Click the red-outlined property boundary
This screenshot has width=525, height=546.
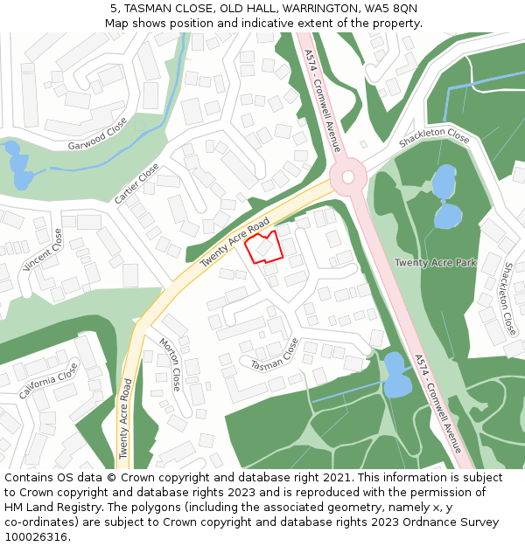(x=263, y=247)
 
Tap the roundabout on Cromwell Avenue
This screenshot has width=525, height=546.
(x=348, y=177)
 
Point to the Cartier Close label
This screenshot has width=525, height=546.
(x=137, y=183)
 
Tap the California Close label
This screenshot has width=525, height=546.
(x=49, y=380)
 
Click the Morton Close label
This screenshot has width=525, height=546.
(x=170, y=363)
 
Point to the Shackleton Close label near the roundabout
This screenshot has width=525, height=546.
(x=434, y=137)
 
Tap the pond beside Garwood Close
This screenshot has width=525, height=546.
(x=18, y=166)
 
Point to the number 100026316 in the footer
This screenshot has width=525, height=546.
(x=36, y=536)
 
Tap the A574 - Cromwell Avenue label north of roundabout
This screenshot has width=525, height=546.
(x=321, y=100)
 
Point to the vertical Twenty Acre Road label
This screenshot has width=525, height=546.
(x=126, y=419)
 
